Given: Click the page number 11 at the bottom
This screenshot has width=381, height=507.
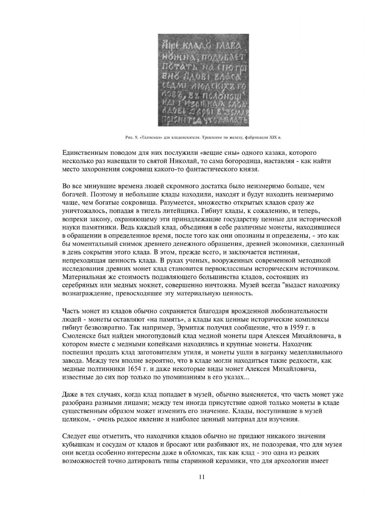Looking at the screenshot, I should click(x=202, y=477).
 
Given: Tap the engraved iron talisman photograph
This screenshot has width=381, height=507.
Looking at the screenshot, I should click(x=203, y=80).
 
